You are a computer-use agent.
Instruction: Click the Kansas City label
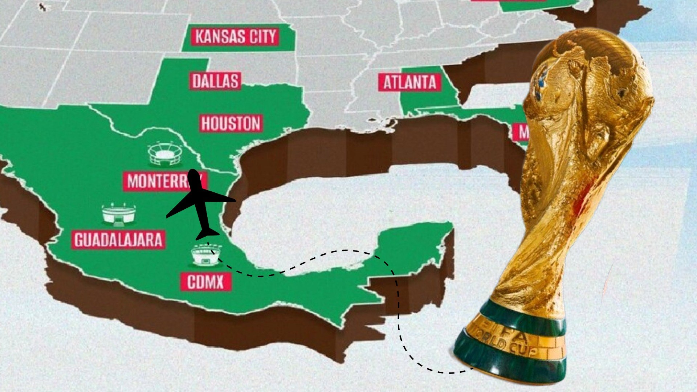click(235, 36)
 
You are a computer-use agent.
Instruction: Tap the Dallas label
click(215, 81)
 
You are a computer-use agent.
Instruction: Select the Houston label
click(231, 123)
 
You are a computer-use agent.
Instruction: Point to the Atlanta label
click(409, 82)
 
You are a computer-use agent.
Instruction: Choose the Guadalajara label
click(118, 240)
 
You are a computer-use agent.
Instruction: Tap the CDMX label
click(205, 282)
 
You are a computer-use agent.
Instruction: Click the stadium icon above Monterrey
click(165, 155)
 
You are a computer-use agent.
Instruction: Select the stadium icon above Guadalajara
click(119, 214)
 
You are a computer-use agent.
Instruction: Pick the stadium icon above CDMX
click(205, 255)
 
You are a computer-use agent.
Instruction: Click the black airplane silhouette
click(200, 203)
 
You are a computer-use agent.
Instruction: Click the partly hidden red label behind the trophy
click(520, 132)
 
